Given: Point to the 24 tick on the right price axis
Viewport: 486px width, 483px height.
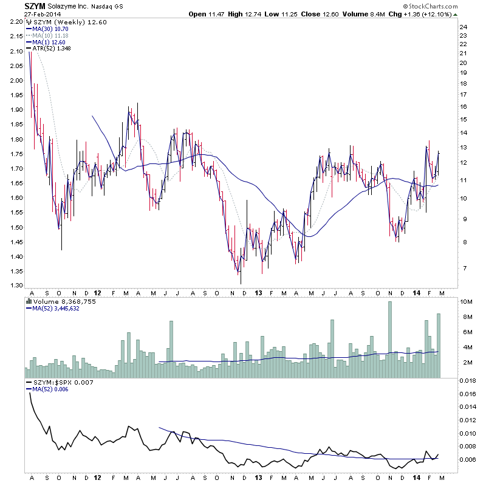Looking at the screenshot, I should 462,27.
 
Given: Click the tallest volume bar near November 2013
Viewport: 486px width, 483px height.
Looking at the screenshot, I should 389,340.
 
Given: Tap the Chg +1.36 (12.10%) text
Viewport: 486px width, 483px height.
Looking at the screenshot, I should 431,14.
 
